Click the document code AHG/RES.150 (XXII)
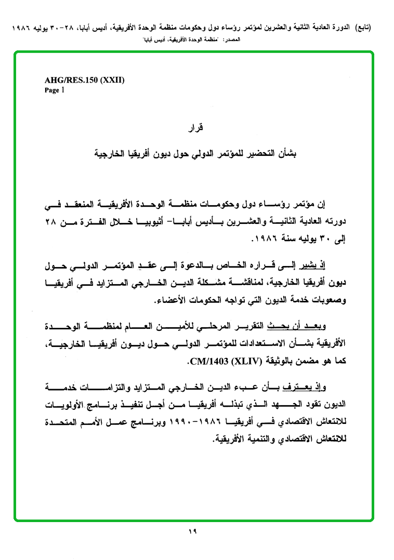pos(85,81)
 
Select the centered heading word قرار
pos(196,127)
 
